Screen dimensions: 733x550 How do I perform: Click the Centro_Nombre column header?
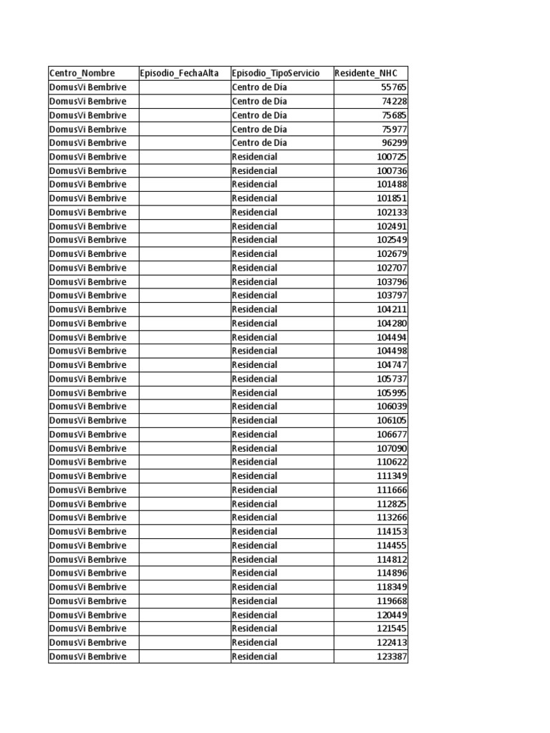82,73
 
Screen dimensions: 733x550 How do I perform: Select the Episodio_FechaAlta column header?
180,73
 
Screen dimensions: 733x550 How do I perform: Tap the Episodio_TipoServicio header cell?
276,73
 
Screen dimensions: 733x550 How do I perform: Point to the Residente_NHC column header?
366,73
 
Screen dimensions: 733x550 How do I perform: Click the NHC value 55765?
393,87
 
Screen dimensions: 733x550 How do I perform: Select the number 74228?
393,101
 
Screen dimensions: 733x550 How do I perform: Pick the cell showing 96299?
393,142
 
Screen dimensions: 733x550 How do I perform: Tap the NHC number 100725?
391,157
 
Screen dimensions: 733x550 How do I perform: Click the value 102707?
391,268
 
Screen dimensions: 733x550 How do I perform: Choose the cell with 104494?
391,337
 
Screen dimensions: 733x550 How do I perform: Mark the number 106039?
391,407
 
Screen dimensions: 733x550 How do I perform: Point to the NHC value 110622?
391,462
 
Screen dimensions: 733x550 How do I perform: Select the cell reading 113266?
391,518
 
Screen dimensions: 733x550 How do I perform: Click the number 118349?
391,587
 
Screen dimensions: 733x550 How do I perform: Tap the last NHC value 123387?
391,656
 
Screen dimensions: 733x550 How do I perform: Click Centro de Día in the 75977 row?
259,129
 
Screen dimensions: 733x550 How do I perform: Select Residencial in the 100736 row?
254,170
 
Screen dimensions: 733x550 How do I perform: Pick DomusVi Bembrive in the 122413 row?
87,642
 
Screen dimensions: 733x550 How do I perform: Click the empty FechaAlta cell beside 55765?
184,87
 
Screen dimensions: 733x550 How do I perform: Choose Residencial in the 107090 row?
254,448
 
